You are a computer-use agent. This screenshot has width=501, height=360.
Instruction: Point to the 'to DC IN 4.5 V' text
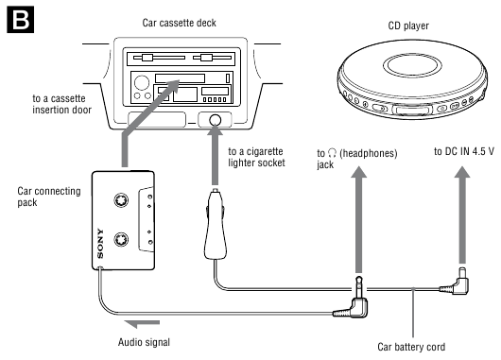click(x=464, y=151)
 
